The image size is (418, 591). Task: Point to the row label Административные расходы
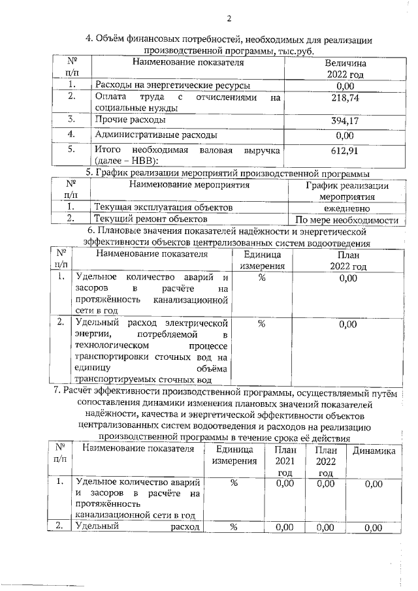tap(156, 135)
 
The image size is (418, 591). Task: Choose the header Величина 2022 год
tap(344, 69)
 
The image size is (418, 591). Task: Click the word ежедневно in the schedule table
tap(347, 208)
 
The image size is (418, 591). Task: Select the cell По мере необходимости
tap(347, 220)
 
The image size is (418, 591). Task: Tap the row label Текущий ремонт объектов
tap(151, 219)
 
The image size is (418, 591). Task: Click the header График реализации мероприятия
tap(347, 191)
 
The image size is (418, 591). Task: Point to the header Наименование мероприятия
tap(189, 185)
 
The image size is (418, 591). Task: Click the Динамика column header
tap(374, 451)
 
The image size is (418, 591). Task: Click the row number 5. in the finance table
tap(72, 150)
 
